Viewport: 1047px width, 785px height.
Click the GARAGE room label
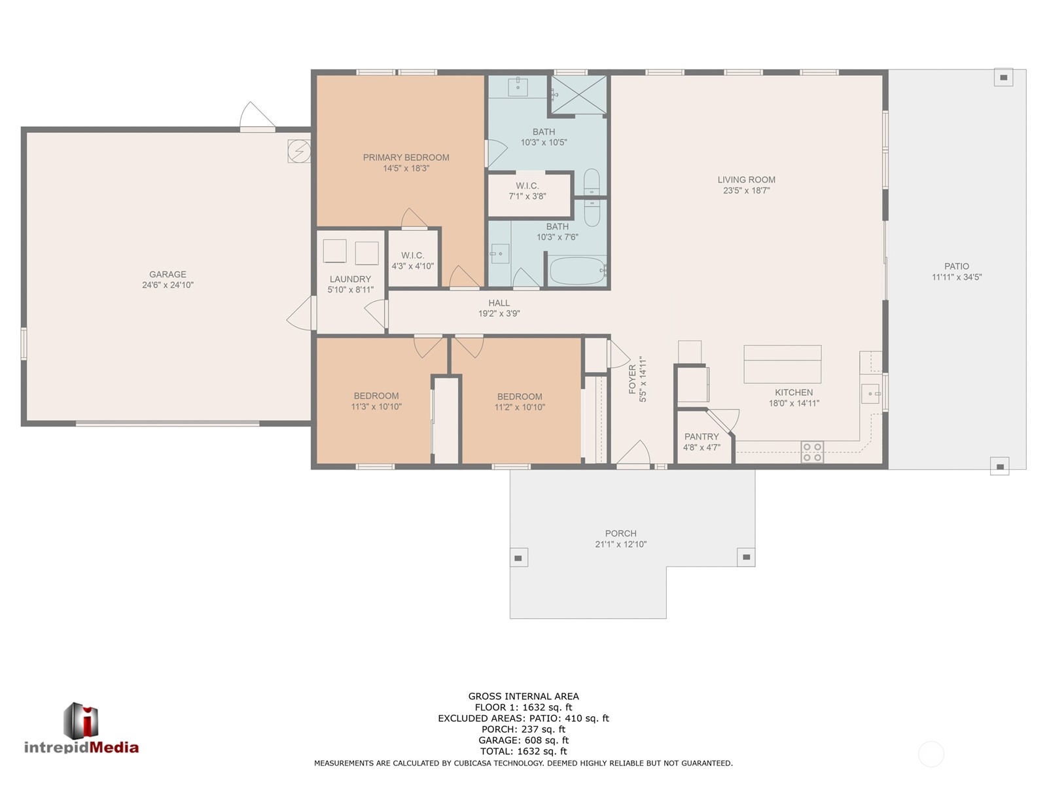168,275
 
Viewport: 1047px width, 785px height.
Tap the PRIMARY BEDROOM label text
406,158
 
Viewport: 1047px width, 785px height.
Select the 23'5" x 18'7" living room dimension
746,191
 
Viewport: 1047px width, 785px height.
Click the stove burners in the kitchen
812,452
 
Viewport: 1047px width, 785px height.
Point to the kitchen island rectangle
782,364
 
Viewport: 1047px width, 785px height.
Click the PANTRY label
701,437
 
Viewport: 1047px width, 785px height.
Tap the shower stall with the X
578,96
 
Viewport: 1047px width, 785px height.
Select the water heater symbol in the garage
299,151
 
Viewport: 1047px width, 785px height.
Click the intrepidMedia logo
81,729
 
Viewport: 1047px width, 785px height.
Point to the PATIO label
956,266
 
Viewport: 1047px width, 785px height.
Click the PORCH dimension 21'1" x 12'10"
620,544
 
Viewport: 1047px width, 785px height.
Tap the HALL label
499,303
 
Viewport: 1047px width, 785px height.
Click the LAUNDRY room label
350,279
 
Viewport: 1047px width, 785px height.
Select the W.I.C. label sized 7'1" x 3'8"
527,186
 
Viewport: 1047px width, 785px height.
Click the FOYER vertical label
633,379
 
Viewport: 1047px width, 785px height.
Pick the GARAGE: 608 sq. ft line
523,741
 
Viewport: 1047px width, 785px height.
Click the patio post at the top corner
1003,77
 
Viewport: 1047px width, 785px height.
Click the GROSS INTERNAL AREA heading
523,697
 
